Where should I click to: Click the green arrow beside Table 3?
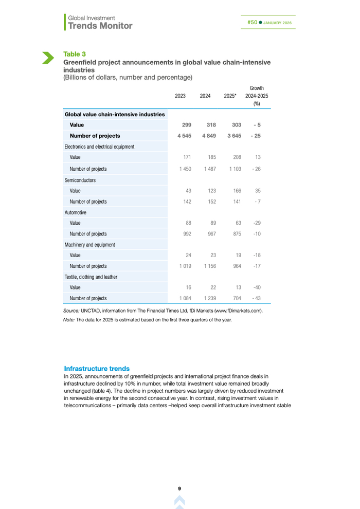click(47, 58)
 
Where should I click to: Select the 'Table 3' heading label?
click(75, 54)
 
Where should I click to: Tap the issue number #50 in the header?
click(252, 23)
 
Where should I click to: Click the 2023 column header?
click(180, 96)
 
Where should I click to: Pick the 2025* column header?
click(230, 96)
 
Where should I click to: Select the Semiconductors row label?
click(80, 180)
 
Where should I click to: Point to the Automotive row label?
click(76, 212)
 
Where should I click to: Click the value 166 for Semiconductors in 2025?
click(237, 191)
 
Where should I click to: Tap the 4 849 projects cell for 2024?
click(207, 136)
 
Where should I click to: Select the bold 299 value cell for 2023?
click(187, 125)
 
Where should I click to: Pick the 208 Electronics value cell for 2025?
click(237, 157)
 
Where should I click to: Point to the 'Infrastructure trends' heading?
click(97, 369)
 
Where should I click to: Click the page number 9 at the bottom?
click(179, 488)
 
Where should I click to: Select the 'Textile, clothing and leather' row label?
click(91, 277)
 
